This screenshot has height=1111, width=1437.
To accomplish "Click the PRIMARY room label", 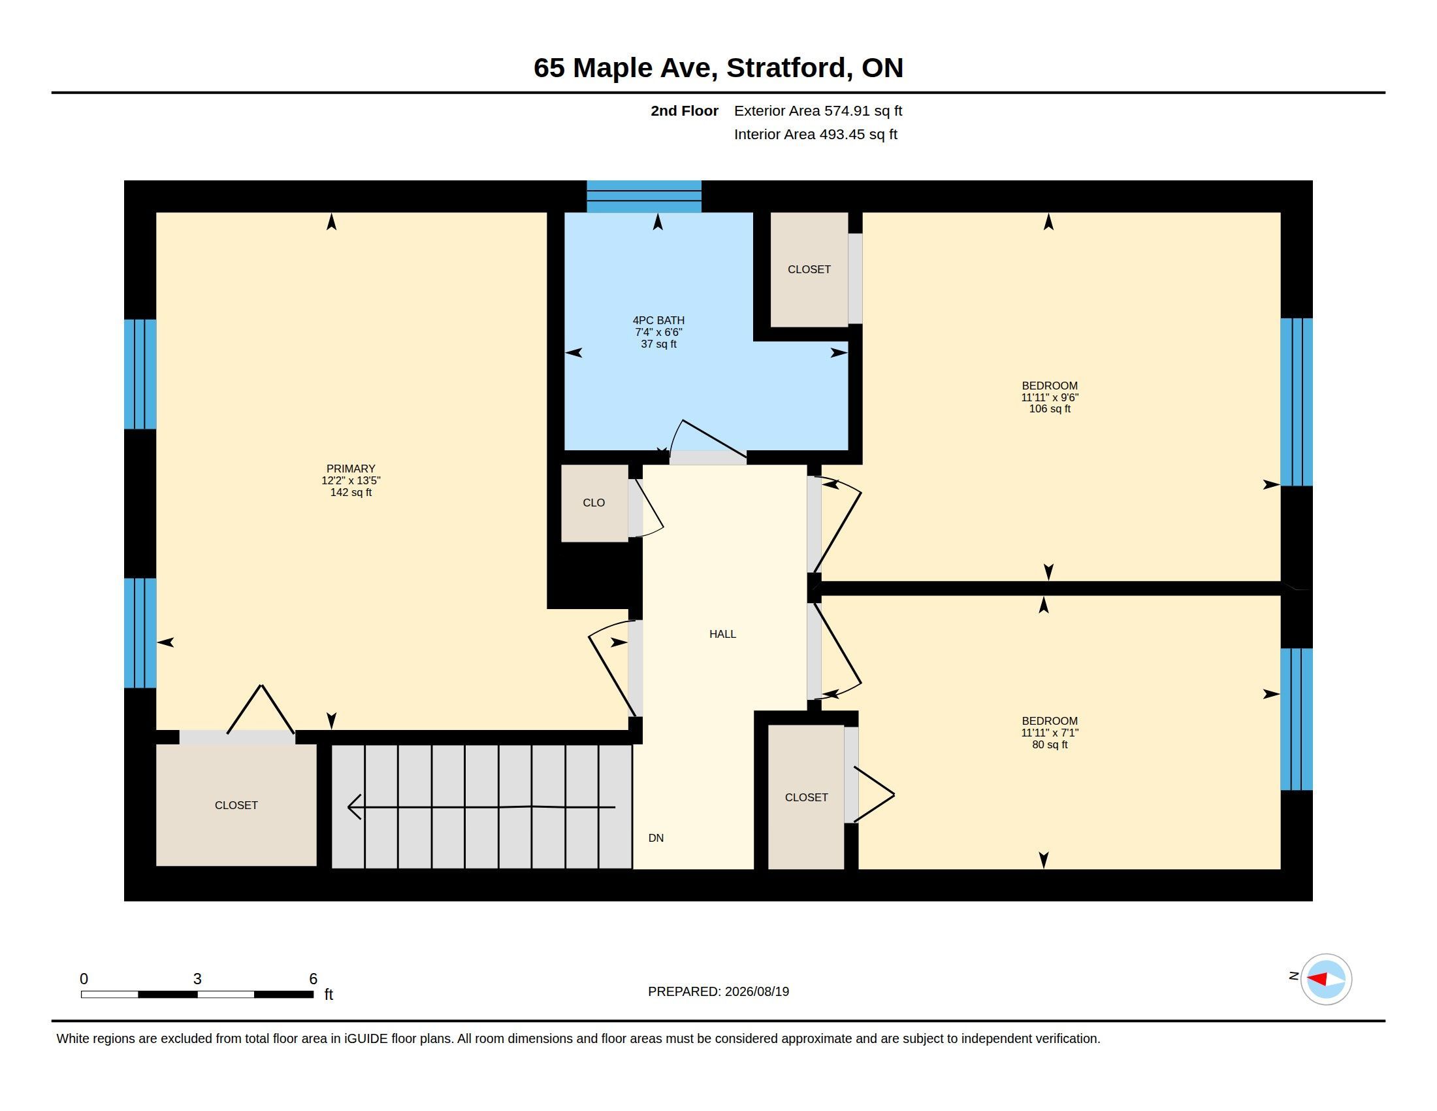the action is click(351, 469).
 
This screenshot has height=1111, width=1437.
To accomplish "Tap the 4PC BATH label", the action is click(658, 320).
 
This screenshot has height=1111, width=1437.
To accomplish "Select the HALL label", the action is click(722, 634).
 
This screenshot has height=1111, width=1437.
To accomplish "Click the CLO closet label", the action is click(594, 503).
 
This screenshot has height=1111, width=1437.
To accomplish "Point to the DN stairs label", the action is click(656, 838).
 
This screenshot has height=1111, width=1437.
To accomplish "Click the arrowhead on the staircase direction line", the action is click(354, 807).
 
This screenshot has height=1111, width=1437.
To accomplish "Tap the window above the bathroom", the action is click(644, 196).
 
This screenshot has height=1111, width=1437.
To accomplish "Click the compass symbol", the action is click(1326, 980).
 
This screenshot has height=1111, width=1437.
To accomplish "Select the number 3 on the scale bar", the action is click(197, 979).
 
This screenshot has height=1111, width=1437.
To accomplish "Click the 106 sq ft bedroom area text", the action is click(1050, 408).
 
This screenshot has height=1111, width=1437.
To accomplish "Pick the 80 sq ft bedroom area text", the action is click(1050, 744).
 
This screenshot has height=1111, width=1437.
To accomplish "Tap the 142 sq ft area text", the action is click(351, 492).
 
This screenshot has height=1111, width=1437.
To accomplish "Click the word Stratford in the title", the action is click(786, 68).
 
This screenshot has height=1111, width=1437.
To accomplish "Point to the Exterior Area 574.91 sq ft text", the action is click(818, 110).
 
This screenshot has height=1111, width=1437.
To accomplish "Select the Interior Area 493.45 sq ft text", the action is click(816, 134).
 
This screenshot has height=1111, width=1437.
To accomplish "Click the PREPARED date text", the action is click(718, 991).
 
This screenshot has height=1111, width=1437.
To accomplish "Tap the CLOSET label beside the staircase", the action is click(236, 805).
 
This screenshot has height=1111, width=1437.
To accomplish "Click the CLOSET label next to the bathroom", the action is click(809, 269).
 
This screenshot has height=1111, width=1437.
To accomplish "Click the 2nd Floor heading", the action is click(685, 110).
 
